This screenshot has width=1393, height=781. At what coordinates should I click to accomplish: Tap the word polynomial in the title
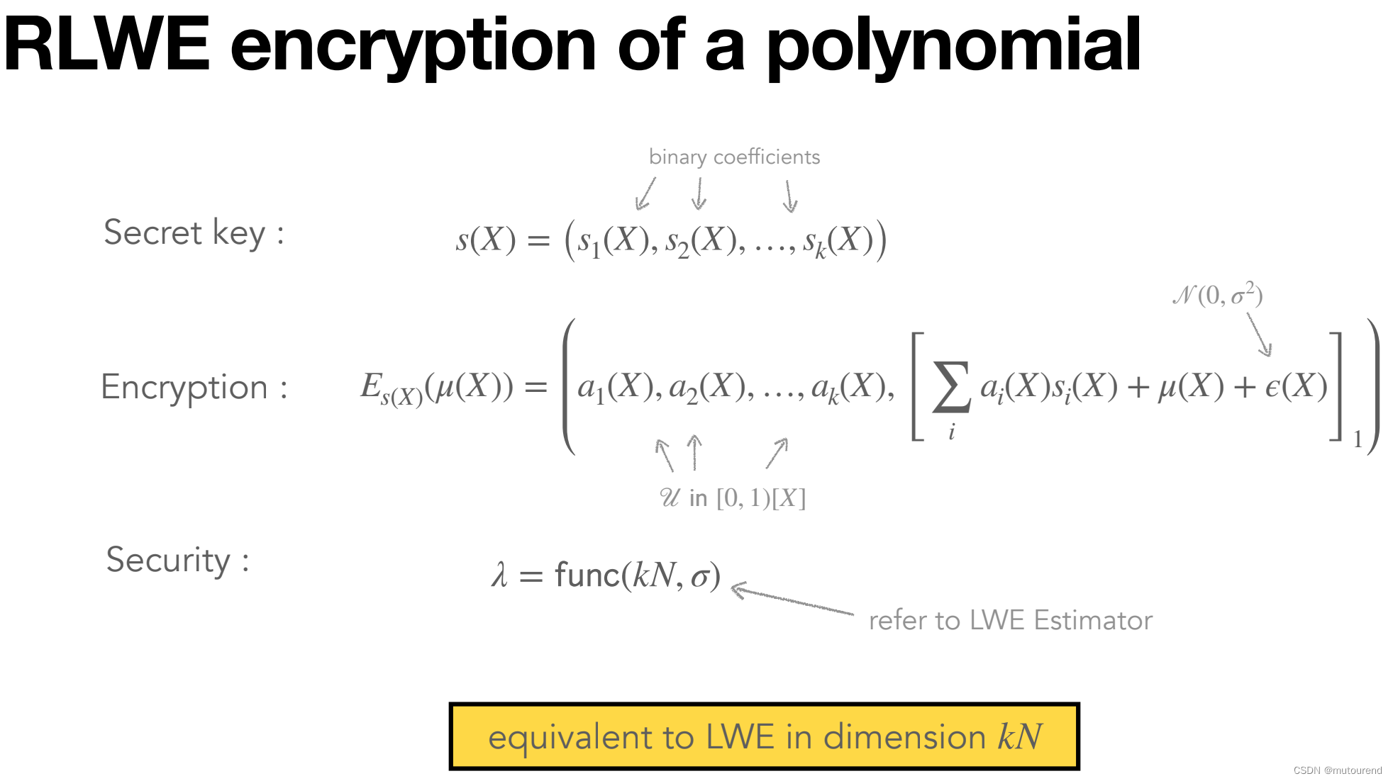954,47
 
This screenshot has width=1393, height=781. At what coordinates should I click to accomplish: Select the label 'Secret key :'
194,233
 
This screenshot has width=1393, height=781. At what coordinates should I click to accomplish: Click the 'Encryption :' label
194,388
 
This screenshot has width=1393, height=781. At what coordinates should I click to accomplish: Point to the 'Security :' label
177,561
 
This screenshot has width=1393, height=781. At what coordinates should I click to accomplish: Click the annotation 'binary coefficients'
734,157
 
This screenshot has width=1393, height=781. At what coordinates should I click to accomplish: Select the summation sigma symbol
950,388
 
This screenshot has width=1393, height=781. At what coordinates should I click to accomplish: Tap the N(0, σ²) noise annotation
1217,294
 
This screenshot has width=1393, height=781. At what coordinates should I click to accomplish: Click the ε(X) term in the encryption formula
1296,387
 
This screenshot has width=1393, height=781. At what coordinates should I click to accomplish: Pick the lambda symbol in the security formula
499,575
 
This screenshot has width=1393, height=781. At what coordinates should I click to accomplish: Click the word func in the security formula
587,575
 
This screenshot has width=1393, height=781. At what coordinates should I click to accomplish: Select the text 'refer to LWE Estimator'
1010,620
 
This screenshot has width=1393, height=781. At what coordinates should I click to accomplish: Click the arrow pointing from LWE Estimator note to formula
791,600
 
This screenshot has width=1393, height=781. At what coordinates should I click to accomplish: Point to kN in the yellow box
1020,736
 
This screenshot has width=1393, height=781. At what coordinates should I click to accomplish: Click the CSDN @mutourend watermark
1337,770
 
